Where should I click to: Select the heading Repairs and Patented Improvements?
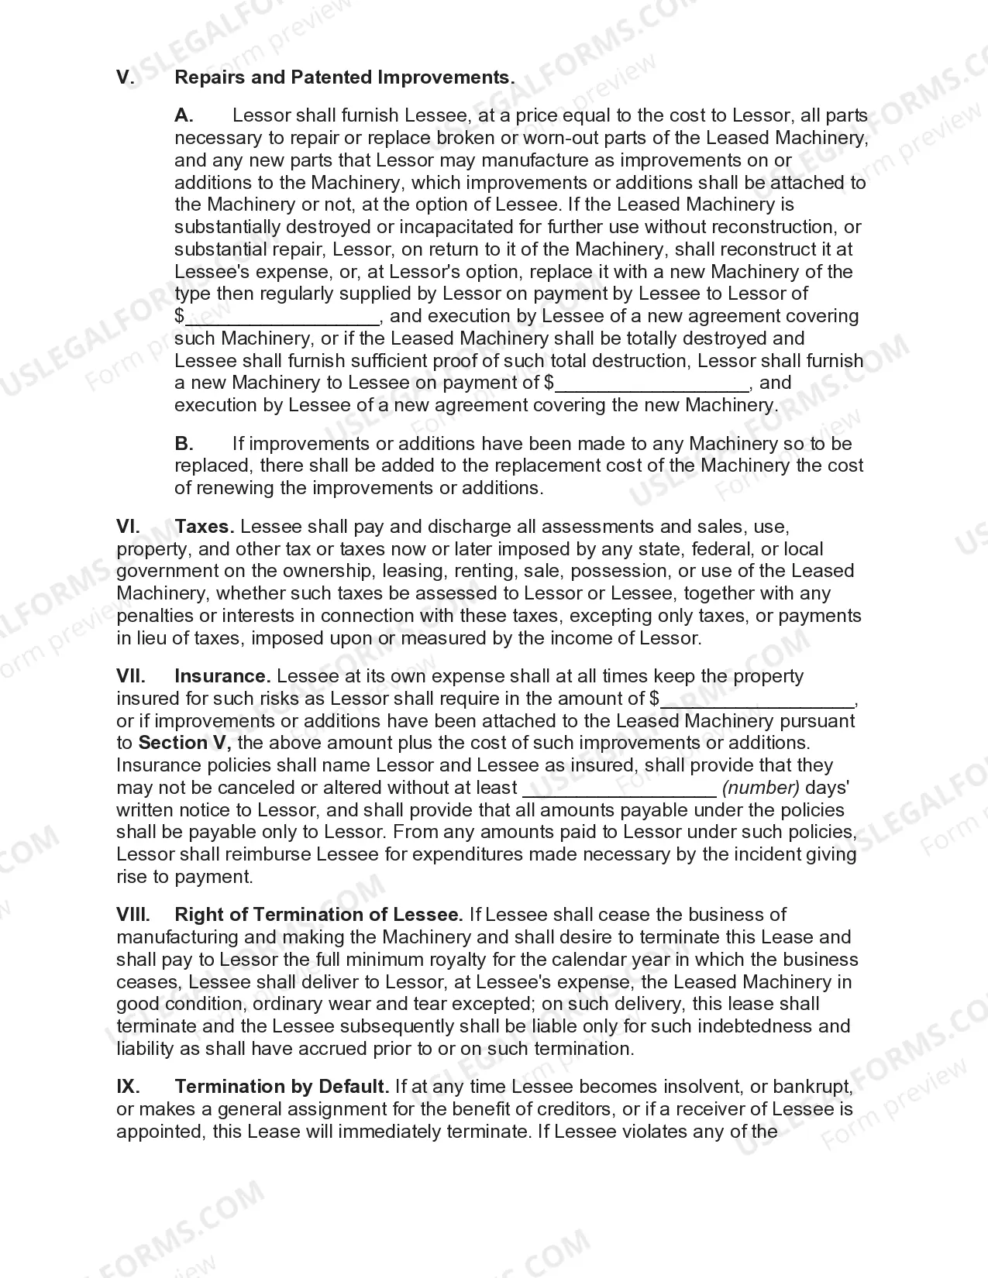tap(345, 77)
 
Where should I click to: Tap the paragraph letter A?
tap(184, 115)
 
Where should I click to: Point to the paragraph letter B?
tap(184, 444)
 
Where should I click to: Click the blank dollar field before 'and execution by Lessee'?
tap(282, 317)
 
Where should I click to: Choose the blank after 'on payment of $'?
tap(652, 383)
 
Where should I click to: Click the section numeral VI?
tap(128, 527)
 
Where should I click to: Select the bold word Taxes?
tap(205, 527)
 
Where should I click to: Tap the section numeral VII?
tap(131, 676)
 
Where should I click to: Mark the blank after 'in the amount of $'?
tap(757, 699)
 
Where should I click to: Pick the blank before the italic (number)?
tap(620, 789)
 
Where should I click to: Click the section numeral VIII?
tap(133, 915)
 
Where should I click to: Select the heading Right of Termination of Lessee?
tap(319, 915)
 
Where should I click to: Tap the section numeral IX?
tap(128, 1087)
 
